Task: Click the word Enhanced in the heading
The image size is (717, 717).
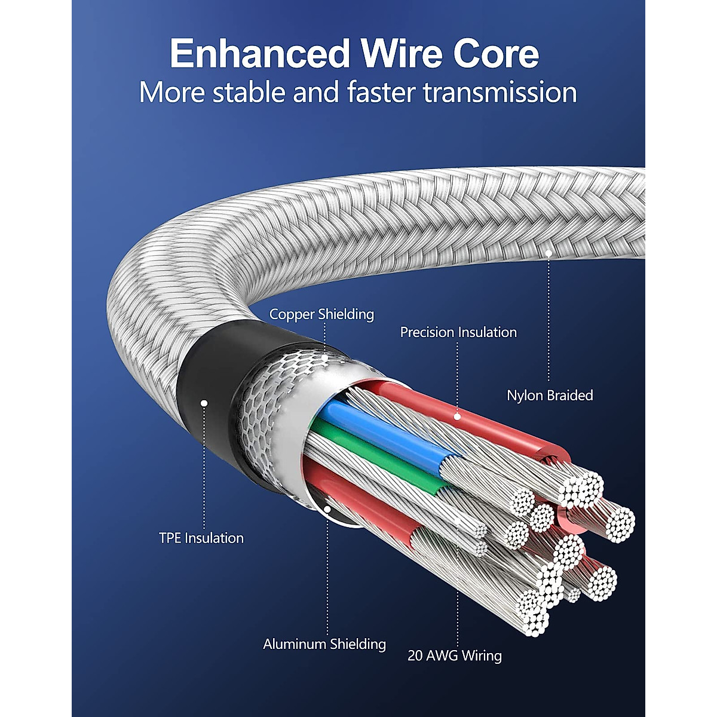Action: pyautogui.click(x=259, y=54)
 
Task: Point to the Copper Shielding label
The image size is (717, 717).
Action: pyautogui.click(x=321, y=314)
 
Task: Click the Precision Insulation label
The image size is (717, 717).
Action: pyautogui.click(x=458, y=332)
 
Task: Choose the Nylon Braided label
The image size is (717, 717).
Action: pyautogui.click(x=550, y=396)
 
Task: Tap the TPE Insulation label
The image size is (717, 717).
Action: pyautogui.click(x=201, y=538)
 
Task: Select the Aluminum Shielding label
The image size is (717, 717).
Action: pyautogui.click(x=324, y=644)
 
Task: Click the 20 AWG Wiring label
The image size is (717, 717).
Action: pyautogui.click(x=455, y=655)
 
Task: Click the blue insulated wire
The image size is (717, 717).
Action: pyautogui.click(x=382, y=430)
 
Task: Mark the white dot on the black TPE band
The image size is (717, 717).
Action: pyautogui.click(x=204, y=403)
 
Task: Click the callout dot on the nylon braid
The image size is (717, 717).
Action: pyautogui.click(x=549, y=253)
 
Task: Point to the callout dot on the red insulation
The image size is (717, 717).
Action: pyautogui.click(x=458, y=416)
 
